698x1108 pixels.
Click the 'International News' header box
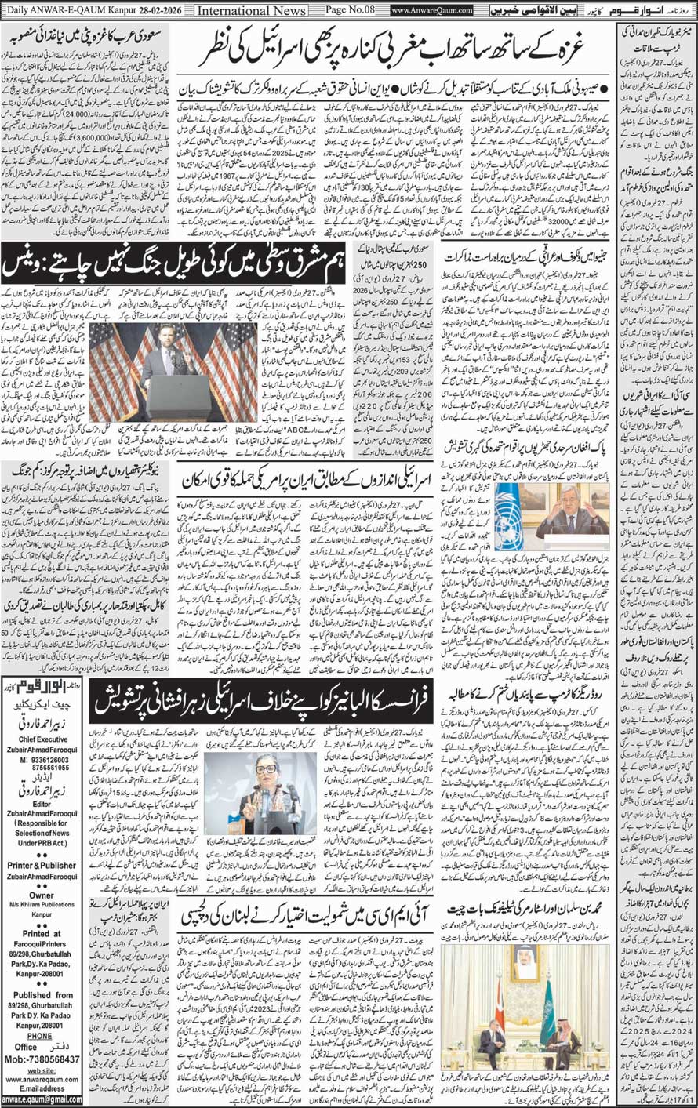[x=250, y=10]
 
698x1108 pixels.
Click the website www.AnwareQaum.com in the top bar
[x=432, y=10]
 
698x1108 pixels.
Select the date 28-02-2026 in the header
[x=161, y=10]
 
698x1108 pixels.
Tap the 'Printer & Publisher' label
[x=42, y=866]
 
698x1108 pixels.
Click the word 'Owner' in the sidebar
[x=42, y=895]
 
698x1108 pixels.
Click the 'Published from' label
[x=42, y=995]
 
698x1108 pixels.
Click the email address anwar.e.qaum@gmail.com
[x=42, y=1100]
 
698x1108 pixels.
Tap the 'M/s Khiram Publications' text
[x=42, y=905]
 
